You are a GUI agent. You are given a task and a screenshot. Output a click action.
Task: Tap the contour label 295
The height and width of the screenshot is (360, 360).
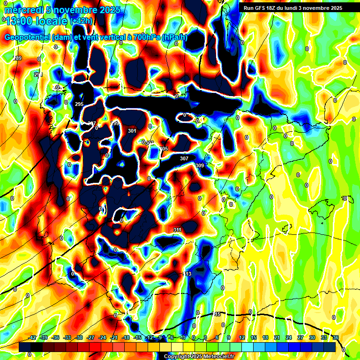point(79,104)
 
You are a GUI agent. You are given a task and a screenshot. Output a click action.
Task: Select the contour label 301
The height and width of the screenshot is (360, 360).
point(132,131)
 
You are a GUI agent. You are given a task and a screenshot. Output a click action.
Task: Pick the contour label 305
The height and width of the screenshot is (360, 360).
point(164,149)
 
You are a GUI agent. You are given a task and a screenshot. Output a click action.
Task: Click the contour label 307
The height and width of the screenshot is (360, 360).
point(184,158)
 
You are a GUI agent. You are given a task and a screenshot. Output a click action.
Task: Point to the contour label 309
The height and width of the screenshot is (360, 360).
point(200,165)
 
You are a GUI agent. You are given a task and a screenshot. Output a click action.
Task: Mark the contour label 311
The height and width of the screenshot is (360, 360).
point(177,230)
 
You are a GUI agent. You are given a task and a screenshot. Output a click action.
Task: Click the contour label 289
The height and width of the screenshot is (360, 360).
point(18,58)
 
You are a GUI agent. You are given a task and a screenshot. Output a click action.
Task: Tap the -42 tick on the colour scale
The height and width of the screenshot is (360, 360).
point(32,337)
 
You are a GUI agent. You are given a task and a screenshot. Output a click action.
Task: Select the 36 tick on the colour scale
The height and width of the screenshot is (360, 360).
point(336,337)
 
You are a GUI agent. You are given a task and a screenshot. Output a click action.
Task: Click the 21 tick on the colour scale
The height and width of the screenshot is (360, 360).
point(277,337)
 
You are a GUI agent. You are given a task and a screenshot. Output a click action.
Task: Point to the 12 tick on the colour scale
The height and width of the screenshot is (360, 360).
point(242,337)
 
